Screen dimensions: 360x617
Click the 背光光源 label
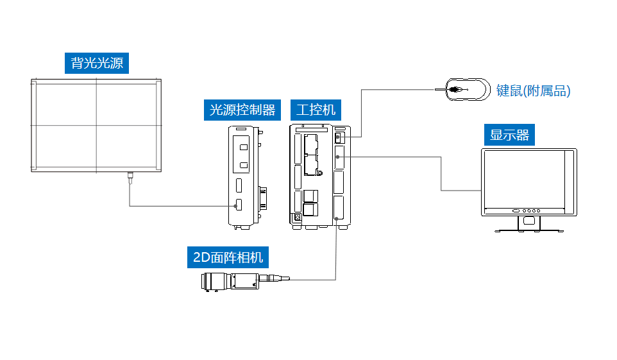click(96, 63)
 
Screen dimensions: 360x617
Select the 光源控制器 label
click(243, 110)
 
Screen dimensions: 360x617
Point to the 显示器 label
click(509, 135)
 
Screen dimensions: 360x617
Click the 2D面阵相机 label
click(228, 258)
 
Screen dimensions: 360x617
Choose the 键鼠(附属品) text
click(533, 90)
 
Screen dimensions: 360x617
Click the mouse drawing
click(468, 89)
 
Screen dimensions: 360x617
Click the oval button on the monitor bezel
click(515, 210)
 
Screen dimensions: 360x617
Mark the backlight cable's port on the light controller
click(238, 205)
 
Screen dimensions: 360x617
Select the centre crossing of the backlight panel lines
click(96, 125)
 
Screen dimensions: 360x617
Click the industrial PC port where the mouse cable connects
click(339, 137)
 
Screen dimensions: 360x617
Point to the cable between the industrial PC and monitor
click(441, 173)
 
